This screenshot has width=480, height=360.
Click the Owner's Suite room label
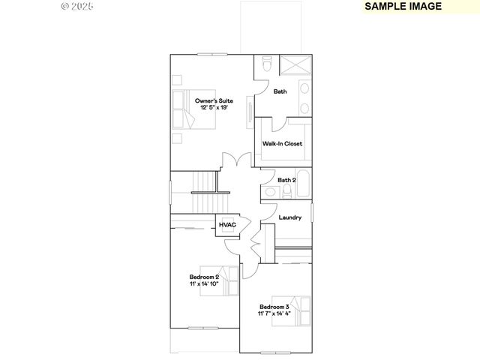click(x=214, y=100)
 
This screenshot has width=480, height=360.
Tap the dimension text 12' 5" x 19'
click(x=214, y=108)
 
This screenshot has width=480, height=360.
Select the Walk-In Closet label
click(x=282, y=143)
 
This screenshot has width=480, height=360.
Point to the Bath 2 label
click(x=286, y=180)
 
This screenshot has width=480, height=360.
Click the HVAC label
click(x=227, y=225)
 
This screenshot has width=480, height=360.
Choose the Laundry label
click(x=289, y=217)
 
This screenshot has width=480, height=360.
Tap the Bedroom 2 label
click(x=204, y=277)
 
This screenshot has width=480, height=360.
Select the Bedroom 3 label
click(x=274, y=307)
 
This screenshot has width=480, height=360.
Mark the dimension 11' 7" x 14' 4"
click(x=274, y=314)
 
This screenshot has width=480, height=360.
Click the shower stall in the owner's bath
click(x=295, y=64)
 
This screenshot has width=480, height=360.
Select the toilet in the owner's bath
click(x=267, y=67)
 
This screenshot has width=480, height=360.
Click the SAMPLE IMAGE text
click(x=403, y=6)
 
